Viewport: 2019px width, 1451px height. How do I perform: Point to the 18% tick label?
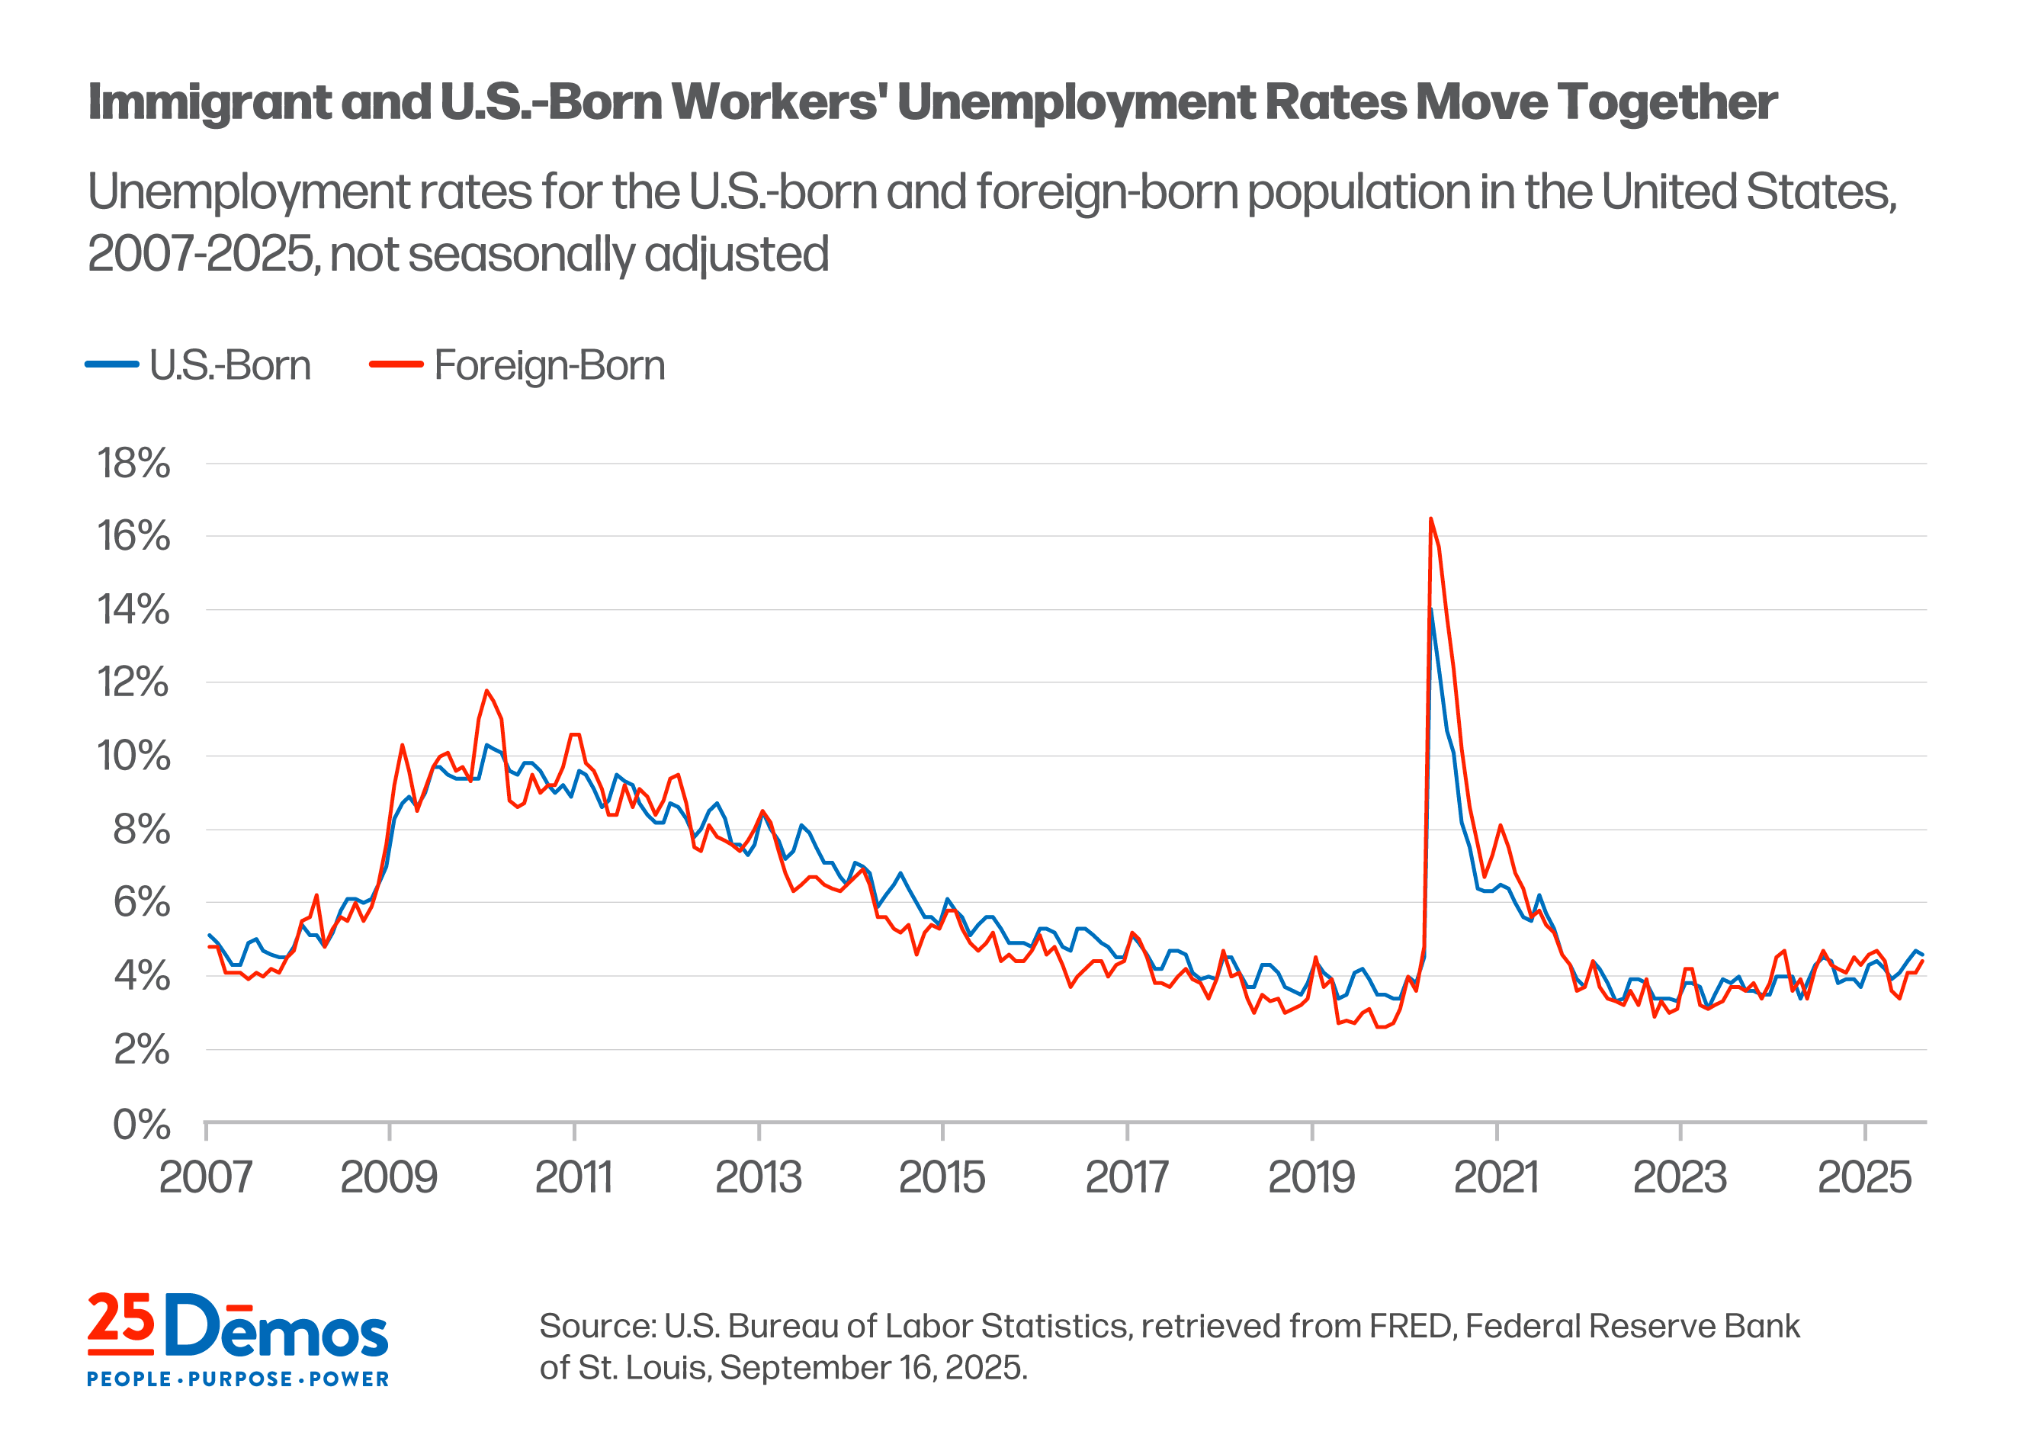coord(133,464)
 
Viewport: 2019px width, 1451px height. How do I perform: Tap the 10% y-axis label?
coord(133,756)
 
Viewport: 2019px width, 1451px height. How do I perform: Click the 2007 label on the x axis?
coord(206,1178)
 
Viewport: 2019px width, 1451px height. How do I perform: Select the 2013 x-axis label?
coord(759,1178)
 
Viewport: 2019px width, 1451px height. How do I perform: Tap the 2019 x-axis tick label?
coord(1311,1178)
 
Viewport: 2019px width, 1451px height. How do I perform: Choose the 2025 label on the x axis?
coord(1864,1178)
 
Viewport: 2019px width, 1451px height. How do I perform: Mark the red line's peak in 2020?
coord(1430,519)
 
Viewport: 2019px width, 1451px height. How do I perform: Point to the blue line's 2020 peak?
coord(1430,611)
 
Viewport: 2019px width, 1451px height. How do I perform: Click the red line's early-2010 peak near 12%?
coord(486,691)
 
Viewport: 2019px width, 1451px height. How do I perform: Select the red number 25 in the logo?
coord(120,1319)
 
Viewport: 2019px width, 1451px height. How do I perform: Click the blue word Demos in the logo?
coord(277,1327)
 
